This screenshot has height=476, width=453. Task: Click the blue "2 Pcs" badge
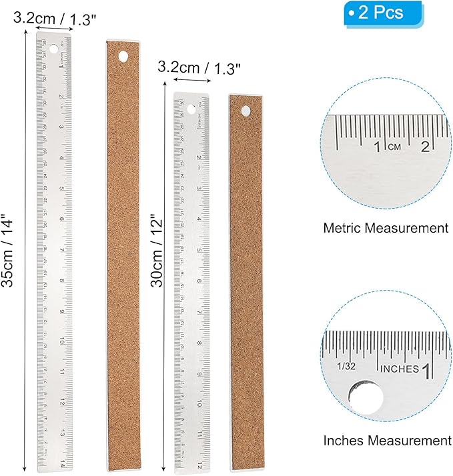[x=383, y=13]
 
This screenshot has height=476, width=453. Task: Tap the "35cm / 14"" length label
[x=9, y=251]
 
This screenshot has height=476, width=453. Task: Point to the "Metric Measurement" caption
[x=386, y=228]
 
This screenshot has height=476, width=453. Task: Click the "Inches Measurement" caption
[x=387, y=441]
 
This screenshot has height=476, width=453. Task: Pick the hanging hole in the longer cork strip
[x=123, y=57]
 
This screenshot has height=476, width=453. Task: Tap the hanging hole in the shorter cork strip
[x=246, y=111]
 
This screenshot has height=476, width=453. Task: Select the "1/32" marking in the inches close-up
[x=347, y=367]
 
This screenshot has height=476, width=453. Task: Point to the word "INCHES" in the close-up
[x=399, y=369]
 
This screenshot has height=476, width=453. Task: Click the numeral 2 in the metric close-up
[x=424, y=147]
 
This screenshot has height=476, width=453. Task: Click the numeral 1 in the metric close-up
[x=378, y=147]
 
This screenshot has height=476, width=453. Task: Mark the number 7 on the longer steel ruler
[x=62, y=249]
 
